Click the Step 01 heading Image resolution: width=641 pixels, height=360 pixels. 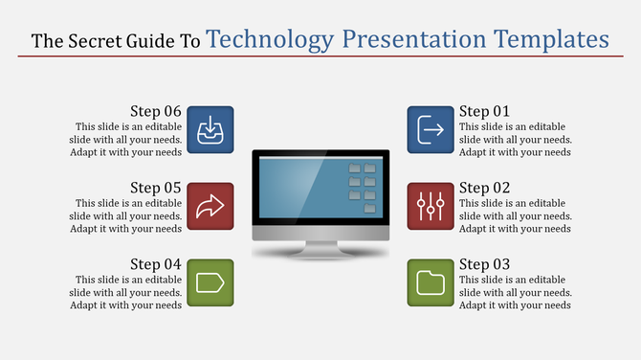(485, 111)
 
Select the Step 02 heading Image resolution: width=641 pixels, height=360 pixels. (485, 188)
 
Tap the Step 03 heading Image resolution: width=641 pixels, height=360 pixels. (485, 264)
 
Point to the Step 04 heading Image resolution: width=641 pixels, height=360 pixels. (156, 264)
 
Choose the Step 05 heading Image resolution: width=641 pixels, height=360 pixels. (156, 188)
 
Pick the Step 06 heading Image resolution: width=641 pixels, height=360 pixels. (156, 111)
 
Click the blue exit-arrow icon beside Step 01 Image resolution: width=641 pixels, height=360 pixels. (431, 129)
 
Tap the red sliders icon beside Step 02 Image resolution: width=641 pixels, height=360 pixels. (431, 205)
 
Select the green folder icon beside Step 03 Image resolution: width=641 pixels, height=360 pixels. (431, 281)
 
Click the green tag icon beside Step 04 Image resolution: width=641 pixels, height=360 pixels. (210, 281)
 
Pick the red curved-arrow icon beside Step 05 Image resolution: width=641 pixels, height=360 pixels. (210, 205)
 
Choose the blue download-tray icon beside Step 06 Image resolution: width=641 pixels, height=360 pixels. (210, 129)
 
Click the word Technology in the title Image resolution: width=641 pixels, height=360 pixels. (271, 40)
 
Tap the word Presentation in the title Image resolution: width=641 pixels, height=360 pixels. (414, 40)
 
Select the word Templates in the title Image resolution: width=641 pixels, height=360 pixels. (552, 40)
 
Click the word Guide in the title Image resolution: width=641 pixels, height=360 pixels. (152, 41)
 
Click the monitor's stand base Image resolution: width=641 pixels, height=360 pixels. (320, 253)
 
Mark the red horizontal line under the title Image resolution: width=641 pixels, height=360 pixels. (320, 56)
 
